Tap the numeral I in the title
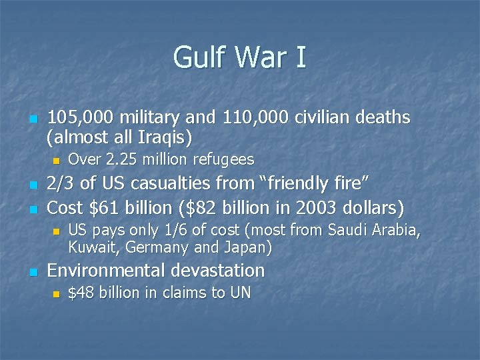(x=300, y=58)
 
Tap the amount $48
(x=81, y=293)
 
